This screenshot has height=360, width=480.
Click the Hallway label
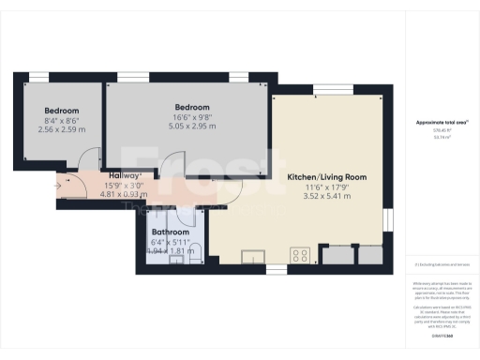click(126, 175)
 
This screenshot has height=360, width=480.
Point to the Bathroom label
click(171, 232)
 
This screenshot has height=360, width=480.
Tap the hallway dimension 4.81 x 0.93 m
click(126, 194)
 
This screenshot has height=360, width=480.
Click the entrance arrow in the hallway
click(61, 185)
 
